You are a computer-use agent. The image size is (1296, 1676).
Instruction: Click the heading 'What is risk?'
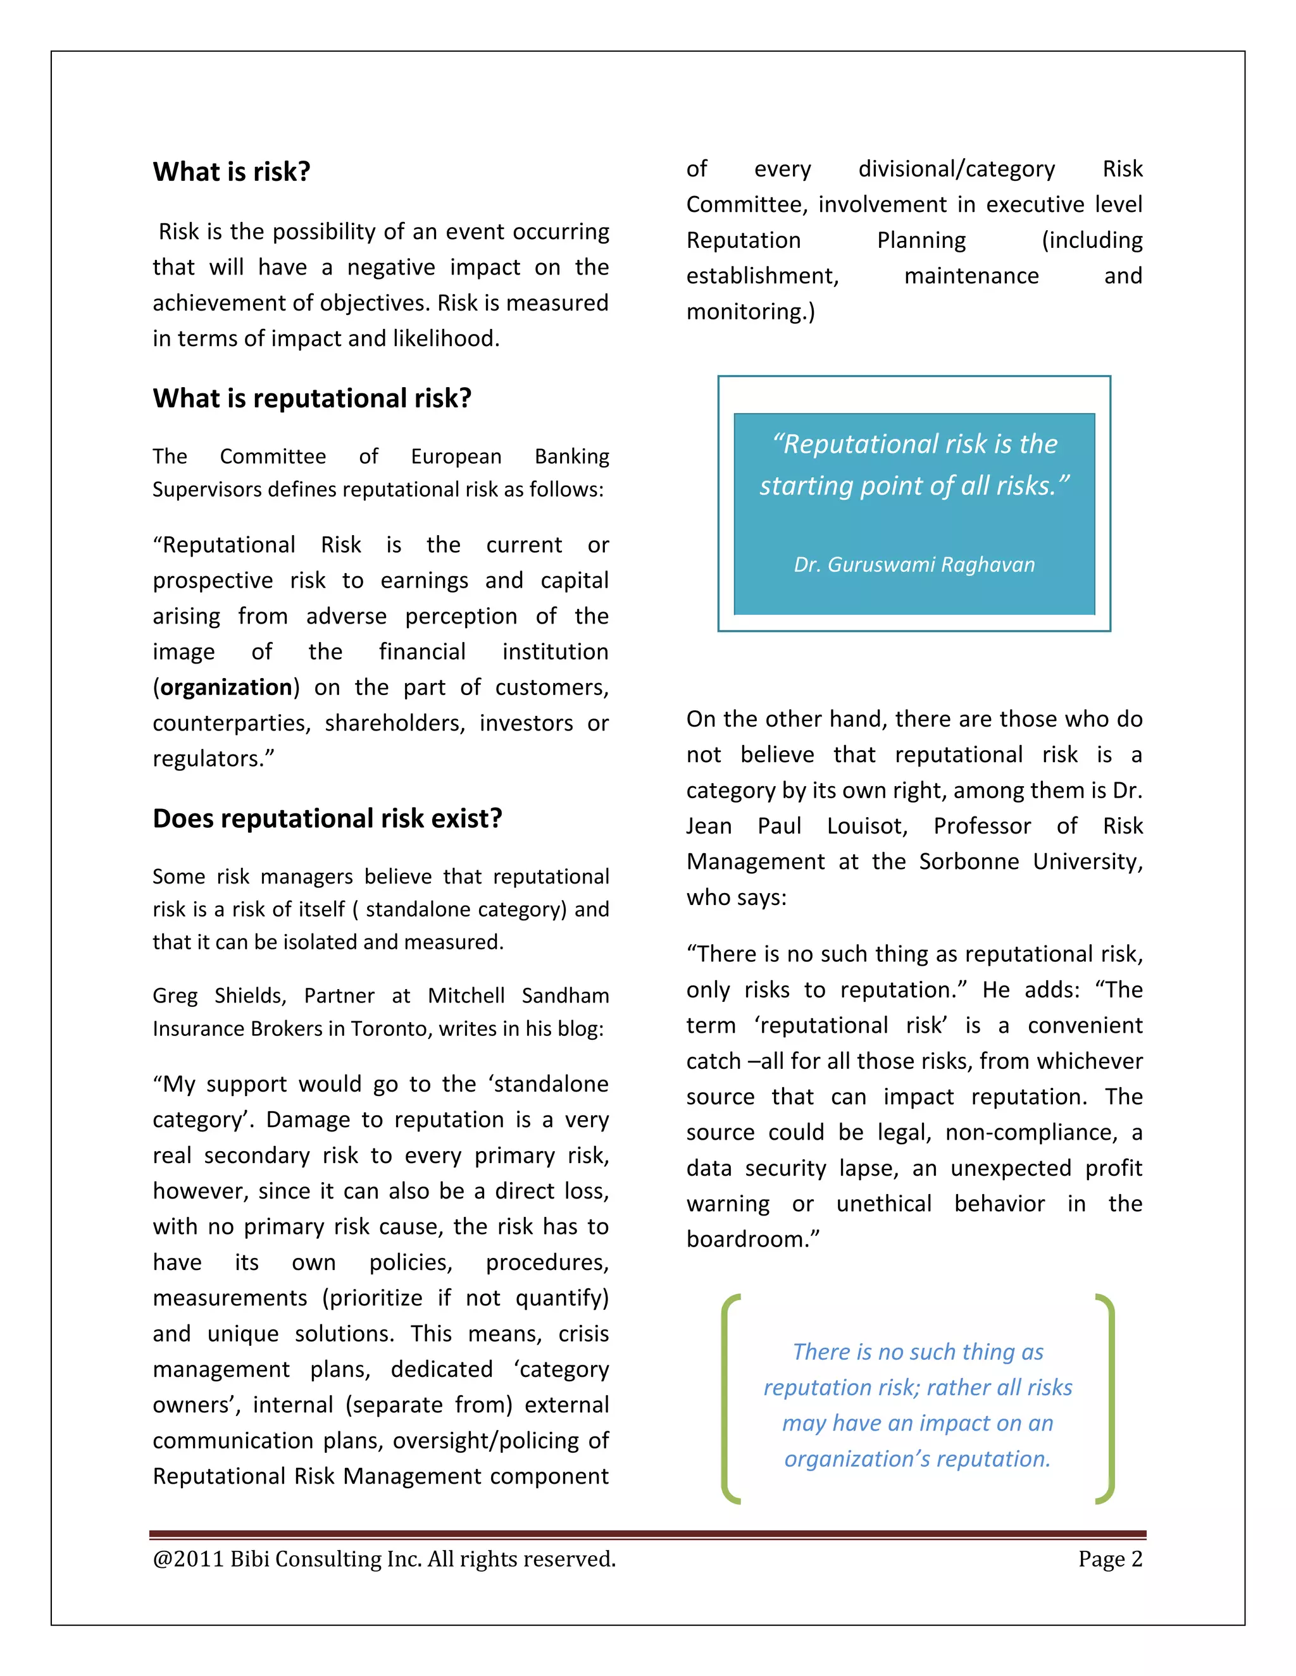tap(231, 172)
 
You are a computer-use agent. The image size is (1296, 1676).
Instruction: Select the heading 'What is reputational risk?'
tap(312, 398)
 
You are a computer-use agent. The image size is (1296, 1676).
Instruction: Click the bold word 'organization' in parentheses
tap(227, 687)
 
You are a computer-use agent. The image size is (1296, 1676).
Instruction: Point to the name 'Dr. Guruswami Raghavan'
tap(914, 565)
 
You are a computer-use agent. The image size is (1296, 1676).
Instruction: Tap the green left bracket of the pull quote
tap(730, 1398)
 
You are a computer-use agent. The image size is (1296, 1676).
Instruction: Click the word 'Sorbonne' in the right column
tap(968, 862)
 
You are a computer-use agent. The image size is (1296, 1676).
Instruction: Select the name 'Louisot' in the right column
tap(867, 827)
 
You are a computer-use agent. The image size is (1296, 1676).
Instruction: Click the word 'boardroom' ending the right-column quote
tap(748, 1240)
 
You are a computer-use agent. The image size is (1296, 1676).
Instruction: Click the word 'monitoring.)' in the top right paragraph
tap(750, 312)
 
